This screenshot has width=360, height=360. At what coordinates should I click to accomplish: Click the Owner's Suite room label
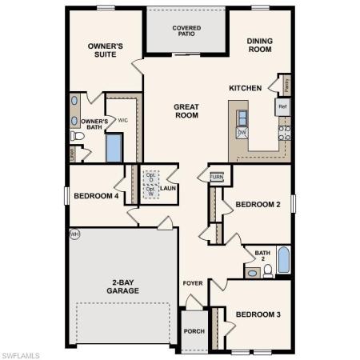(x=105, y=51)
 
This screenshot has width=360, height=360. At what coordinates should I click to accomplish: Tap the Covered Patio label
(x=186, y=31)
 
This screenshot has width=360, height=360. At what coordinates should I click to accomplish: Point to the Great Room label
(x=186, y=111)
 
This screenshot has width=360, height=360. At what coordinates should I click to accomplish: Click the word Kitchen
(x=245, y=88)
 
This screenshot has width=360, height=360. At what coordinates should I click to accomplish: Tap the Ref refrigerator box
(x=282, y=105)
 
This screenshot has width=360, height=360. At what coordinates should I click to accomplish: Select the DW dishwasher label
(x=241, y=131)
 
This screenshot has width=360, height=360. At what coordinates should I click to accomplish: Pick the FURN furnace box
(x=217, y=177)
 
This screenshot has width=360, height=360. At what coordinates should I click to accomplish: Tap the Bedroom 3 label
(x=258, y=314)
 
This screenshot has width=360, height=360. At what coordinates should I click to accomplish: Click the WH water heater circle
(x=74, y=234)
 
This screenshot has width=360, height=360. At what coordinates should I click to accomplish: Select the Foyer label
(x=193, y=283)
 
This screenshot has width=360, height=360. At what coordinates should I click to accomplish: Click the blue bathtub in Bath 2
(x=284, y=262)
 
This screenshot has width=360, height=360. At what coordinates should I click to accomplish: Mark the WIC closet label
(x=122, y=121)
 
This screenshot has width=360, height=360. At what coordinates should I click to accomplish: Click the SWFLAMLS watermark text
(x=22, y=353)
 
